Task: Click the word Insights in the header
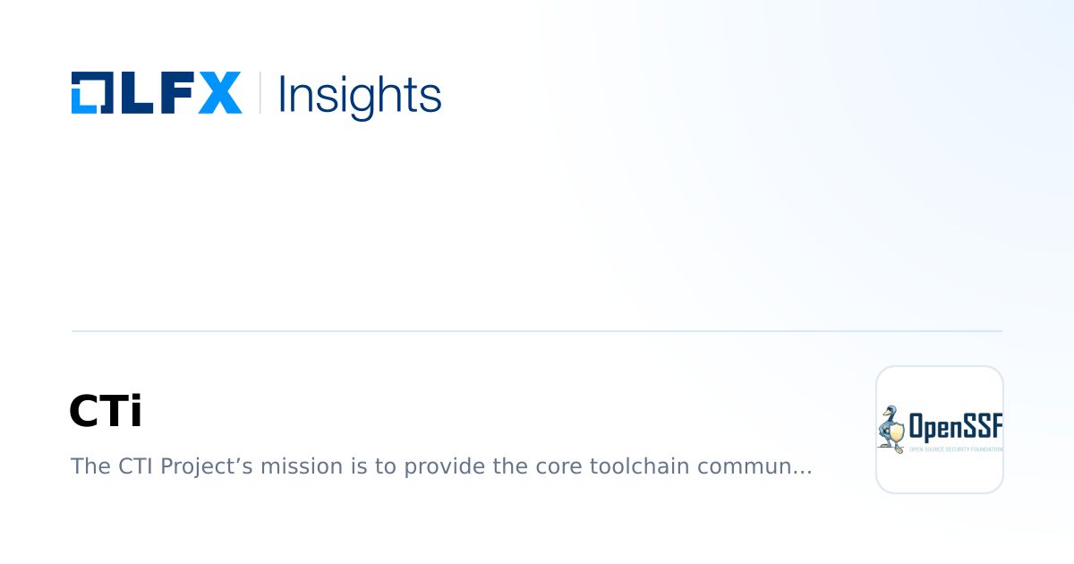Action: pyautogui.click(x=360, y=94)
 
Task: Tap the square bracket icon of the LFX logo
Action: pyautogui.click(x=89, y=93)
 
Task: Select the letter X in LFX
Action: pyautogui.click(x=219, y=93)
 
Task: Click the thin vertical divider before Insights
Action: pyautogui.click(x=260, y=93)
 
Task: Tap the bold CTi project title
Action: pyautogui.click(x=106, y=412)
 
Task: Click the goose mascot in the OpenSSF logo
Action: pyautogui.click(x=890, y=429)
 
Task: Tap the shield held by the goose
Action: pyautogui.click(x=896, y=434)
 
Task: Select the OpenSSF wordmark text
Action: pyautogui.click(x=955, y=426)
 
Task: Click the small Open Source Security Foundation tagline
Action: pyautogui.click(x=955, y=449)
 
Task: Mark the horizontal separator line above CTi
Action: pyautogui.click(x=537, y=331)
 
